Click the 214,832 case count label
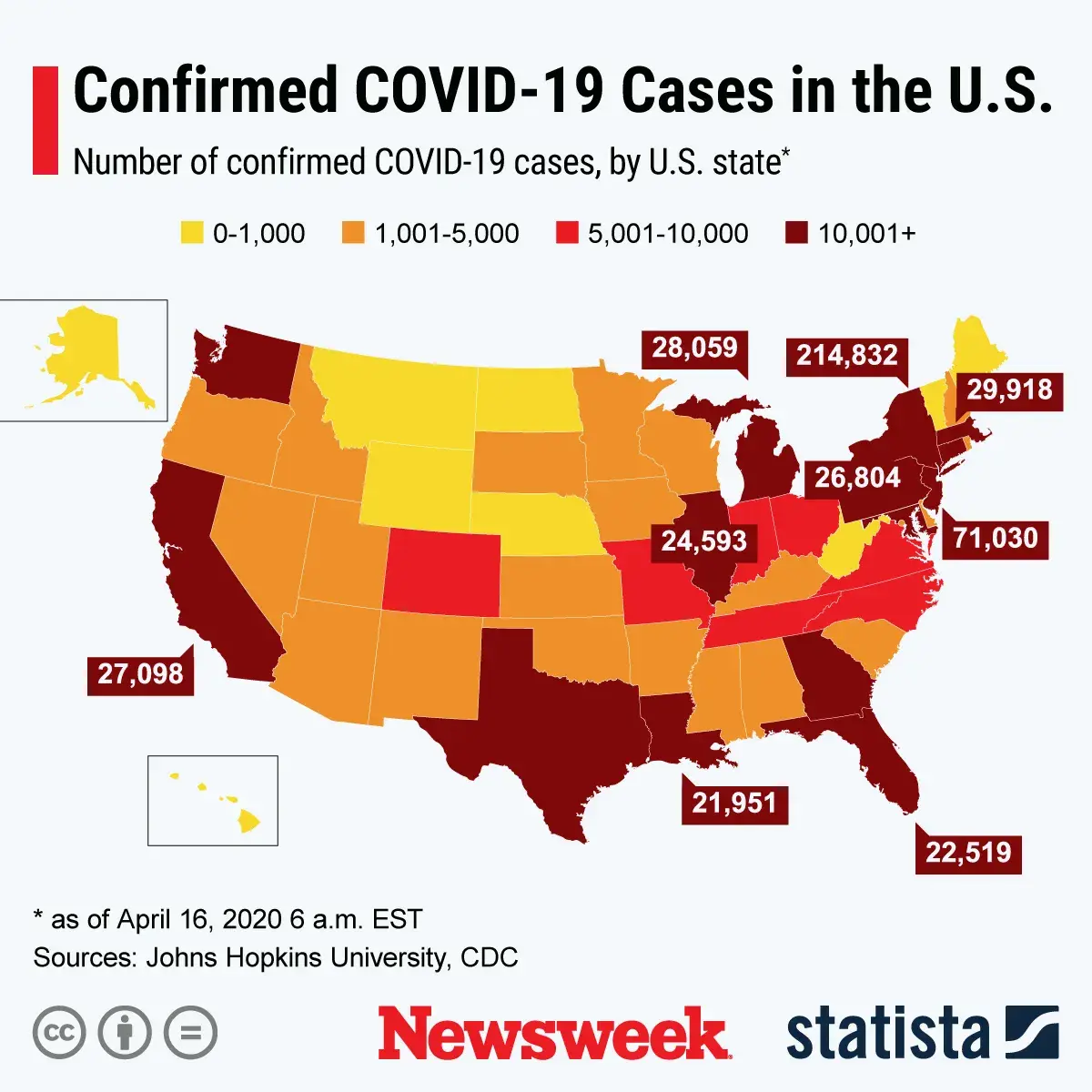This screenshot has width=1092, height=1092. pos(847,355)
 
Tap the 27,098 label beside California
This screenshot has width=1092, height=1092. pos(141,674)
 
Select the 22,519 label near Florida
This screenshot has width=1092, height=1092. pos(968,853)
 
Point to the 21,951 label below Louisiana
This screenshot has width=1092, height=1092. pos(734,803)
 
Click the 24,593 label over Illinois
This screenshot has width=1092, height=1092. pos(703,541)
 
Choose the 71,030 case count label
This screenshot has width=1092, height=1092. pos(996,538)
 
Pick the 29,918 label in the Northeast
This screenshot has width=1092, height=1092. pos(1009,389)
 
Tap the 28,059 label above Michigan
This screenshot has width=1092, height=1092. pos(695,348)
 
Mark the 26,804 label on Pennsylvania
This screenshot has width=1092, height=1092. pos(856,477)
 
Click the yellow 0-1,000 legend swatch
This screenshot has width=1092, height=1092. pos(192,234)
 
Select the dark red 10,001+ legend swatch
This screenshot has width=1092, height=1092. pos(796,234)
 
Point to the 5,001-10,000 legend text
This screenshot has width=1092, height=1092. pos(667,234)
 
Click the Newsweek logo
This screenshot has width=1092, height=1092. pos(554,1034)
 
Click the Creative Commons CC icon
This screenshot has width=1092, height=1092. pos(59,1034)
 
